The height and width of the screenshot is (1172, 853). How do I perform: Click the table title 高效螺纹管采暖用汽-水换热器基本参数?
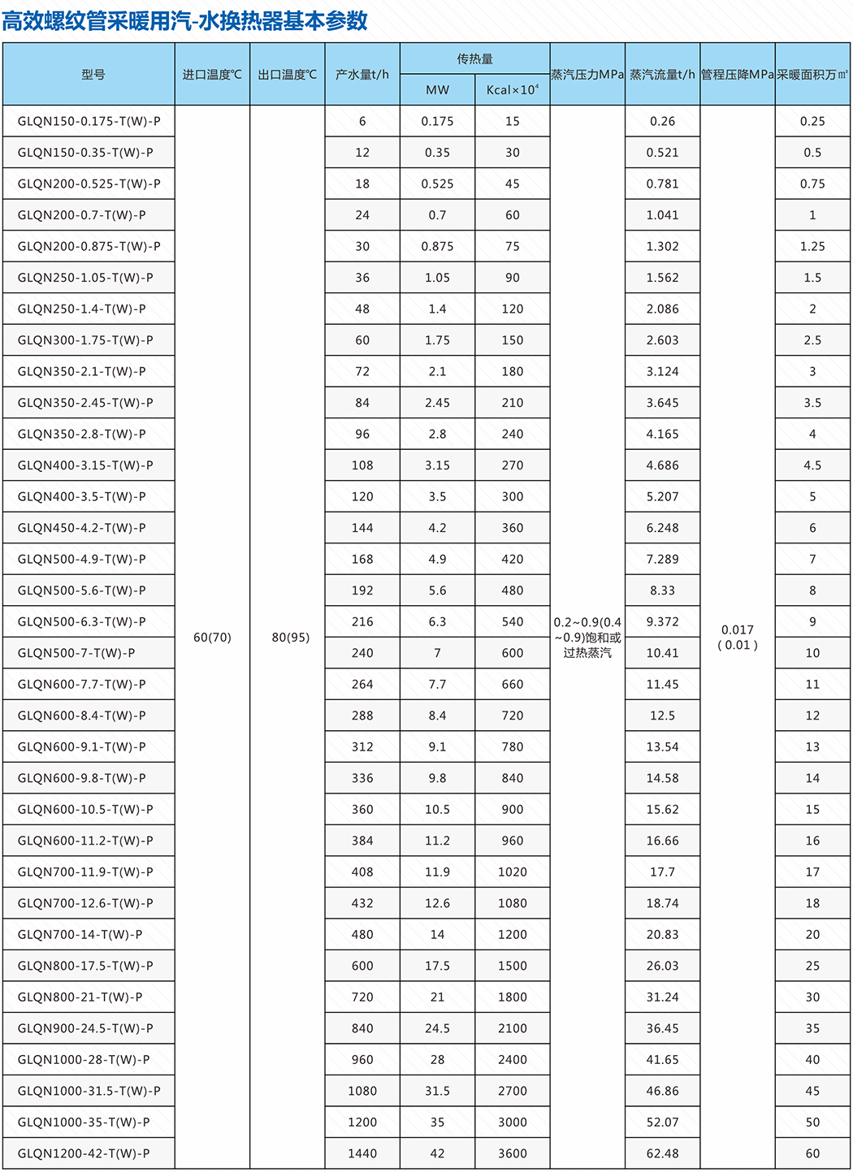pyautogui.click(x=185, y=20)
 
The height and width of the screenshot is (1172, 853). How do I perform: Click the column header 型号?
pyautogui.click(x=93, y=75)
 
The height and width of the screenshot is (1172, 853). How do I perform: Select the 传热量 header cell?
pyautogui.click(x=474, y=58)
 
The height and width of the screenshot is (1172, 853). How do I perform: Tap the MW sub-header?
pyautogui.click(x=437, y=90)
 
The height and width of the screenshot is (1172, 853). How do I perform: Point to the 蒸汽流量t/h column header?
pyautogui.click(x=662, y=75)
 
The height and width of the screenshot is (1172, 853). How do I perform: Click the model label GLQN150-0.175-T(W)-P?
pyautogui.click(x=89, y=121)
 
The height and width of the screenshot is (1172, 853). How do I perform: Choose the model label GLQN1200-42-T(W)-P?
pyautogui.click(x=84, y=1153)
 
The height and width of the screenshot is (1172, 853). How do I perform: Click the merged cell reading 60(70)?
pyautogui.click(x=212, y=638)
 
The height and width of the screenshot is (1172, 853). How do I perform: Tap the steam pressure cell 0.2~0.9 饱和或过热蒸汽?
pyautogui.click(x=587, y=638)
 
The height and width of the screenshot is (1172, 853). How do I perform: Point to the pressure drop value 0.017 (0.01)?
pyautogui.click(x=737, y=638)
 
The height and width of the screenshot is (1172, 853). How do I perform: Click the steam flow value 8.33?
pyautogui.click(x=662, y=590)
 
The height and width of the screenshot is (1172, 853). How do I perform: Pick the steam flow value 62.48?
pyautogui.click(x=662, y=1153)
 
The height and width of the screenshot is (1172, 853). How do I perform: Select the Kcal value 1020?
pyautogui.click(x=512, y=872)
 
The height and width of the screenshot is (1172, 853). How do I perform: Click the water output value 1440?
pyautogui.click(x=362, y=1153)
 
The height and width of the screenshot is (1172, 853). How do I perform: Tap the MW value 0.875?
pyautogui.click(x=437, y=246)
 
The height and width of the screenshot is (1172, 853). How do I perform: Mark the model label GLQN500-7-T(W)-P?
pyautogui.click(x=76, y=653)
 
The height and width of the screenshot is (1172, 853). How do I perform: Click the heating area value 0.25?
pyautogui.click(x=812, y=121)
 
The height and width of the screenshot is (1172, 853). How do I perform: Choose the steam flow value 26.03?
pyautogui.click(x=662, y=966)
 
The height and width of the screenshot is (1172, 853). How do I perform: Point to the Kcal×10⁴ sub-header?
pyautogui.click(x=512, y=90)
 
